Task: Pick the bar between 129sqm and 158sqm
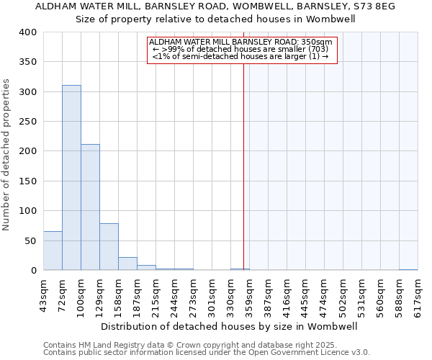(109, 247)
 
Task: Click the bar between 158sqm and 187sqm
(127, 264)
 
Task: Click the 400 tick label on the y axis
(27, 32)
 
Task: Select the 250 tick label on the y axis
(27, 122)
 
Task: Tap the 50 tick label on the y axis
(30, 240)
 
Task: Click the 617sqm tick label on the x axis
(418, 294)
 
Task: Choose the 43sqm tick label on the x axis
(44, 294)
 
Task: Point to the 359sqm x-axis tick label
(250, 294)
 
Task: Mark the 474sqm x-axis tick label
(325, 294)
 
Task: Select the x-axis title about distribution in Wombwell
(230, 326)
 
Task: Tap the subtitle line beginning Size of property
(216, 19)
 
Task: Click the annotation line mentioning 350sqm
(240, 42)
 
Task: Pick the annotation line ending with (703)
(240, 49)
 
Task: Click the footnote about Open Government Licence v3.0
(207, 352)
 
